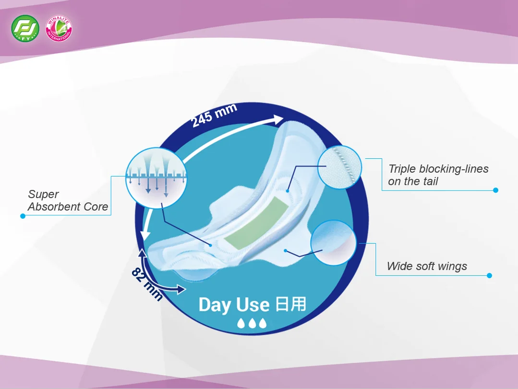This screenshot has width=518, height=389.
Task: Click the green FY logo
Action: coord(25,28)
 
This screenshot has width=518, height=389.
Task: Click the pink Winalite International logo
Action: coord(59,28)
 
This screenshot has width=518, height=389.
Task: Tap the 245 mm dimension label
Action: coord(215,115)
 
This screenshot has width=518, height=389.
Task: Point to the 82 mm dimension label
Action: coord(147,284)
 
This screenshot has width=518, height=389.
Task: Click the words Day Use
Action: coord(234,305)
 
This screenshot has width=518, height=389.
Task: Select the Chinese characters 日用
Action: coord(291,304)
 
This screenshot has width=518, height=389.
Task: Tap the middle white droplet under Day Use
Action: coord(252,323)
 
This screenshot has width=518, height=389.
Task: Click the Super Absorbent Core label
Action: coord(68,200)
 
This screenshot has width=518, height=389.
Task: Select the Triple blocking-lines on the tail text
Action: coord(438,175)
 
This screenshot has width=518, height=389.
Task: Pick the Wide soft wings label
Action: coord(427,266)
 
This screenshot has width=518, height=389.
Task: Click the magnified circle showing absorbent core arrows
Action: coord(156,178)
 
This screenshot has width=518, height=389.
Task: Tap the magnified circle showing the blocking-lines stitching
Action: coord(339,167)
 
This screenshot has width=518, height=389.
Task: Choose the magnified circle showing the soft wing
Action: coord(334,243)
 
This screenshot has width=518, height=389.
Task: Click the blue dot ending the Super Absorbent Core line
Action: coord(23,216)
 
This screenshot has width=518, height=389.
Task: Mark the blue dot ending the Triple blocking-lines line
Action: coord(495,190)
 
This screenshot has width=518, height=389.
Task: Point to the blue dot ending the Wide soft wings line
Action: coord(490,275)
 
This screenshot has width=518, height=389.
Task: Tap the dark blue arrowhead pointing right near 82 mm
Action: coord(181,289)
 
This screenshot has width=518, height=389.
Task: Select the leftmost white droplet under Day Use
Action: coord(241,323)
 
